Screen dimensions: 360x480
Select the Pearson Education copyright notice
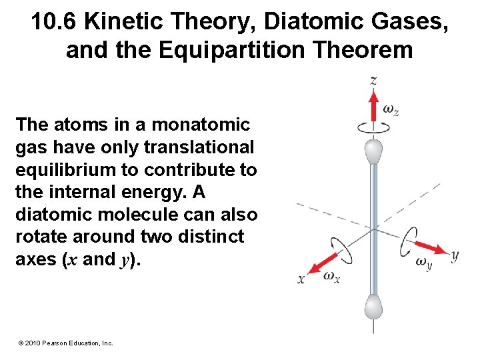[x=65, y=343]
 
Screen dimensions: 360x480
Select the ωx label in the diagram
[x=331, y=277]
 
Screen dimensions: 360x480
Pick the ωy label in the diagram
[x=424, y=263]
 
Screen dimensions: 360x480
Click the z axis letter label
[x=374, y=81]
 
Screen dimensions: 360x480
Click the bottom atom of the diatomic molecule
[x=374, y=309]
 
